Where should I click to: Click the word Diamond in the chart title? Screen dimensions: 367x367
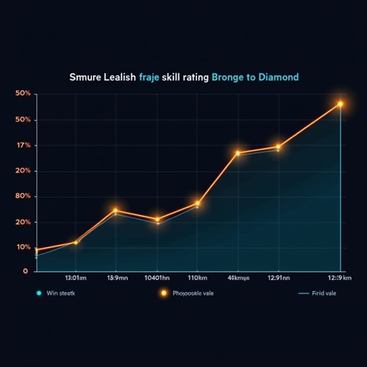pos(278,77)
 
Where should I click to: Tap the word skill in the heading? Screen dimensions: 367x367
pos(171,77)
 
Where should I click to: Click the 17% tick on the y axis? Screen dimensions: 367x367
pos(23,146)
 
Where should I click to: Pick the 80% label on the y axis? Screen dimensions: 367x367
pos(23,196)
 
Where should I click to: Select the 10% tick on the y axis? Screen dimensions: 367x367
pos(23,247)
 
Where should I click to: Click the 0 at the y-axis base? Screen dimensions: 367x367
pos(25,271)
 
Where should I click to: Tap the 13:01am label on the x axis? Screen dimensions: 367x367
pos(76,278)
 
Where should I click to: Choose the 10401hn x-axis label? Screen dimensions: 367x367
pos(157,278)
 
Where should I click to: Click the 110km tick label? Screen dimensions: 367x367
pos(197,278)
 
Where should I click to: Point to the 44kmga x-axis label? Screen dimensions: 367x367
pos(239,278)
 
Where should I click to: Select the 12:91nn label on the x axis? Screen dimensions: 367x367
pos(278,278)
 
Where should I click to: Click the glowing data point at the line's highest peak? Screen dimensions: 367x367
pos(340,104)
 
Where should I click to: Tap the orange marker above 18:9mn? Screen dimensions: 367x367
pos(115,211)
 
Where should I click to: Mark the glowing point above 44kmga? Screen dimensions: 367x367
pos(238,153)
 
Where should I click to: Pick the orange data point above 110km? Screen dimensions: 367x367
pos(197,204)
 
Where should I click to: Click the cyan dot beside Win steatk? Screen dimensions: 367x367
pos(39,293)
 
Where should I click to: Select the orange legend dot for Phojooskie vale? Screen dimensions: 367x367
pos(164,293)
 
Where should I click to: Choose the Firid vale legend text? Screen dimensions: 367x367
pos(324,293)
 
